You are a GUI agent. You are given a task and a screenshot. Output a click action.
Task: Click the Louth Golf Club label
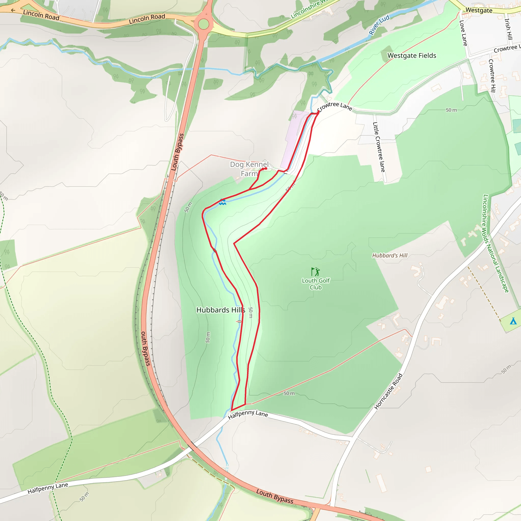(x=315, y=284)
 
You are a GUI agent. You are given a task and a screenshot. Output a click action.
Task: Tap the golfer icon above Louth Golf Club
(x=315, y=271)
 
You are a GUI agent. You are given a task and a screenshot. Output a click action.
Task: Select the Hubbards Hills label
(x=221, y=310)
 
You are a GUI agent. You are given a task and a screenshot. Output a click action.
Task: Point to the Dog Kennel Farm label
(x=249, y=169)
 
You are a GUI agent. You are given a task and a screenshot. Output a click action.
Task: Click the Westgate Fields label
(x=412, y=55)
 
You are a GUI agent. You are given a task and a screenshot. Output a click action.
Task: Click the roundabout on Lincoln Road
(x=204, y=24)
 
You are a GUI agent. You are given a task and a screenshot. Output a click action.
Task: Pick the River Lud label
(x=379, y=25)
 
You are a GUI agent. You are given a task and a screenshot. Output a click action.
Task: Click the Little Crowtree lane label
(x=379, y=147)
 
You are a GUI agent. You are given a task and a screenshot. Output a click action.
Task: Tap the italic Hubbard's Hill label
(x=390, y=255)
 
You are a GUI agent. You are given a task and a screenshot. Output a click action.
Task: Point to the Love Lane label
(x=463, y=33)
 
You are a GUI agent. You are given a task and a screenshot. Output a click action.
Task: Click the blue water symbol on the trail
(x=222, y=202)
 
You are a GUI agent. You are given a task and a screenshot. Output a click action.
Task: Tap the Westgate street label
(x=479, y=10)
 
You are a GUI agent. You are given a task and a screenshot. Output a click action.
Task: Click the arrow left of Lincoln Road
(x=13, y=10)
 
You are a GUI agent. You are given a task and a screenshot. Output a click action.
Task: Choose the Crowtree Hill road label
(x=492, y=76)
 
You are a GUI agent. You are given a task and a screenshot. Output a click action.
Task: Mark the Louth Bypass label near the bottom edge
(x=274, y=496)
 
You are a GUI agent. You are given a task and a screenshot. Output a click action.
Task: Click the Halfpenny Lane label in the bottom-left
(x=48, y=488)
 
